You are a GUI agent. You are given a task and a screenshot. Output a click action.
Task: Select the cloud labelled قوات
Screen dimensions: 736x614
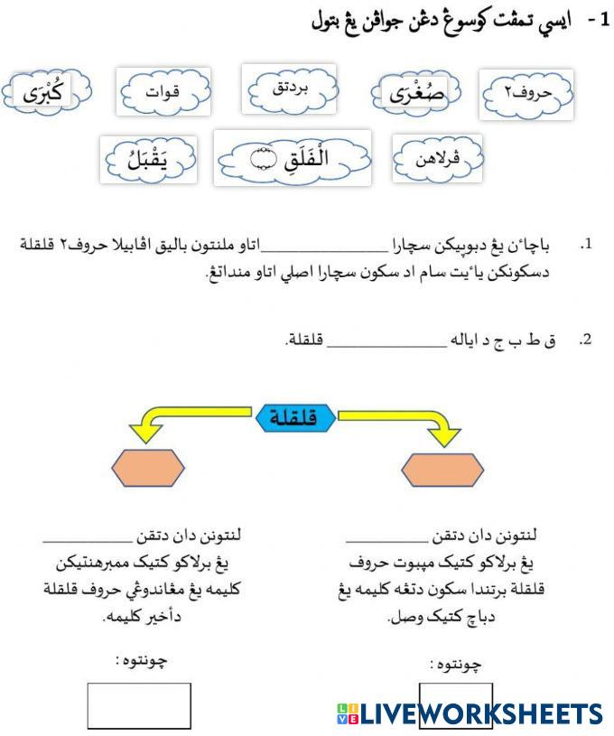point(163,91)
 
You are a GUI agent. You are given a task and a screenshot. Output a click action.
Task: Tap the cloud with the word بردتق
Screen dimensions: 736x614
point(289,89)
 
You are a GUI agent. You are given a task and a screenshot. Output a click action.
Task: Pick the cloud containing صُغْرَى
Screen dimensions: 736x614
point(416,93)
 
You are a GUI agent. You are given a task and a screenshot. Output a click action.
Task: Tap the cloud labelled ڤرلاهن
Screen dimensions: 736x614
point(437,159)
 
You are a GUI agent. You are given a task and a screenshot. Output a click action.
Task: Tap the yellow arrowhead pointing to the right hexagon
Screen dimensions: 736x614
point(442,437)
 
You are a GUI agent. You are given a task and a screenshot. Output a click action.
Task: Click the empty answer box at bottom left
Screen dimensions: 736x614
point(139,705)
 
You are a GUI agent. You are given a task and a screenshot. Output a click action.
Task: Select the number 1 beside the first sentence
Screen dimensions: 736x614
point(587,245)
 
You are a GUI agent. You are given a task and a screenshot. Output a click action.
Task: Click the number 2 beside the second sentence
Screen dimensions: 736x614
point(586,340)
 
